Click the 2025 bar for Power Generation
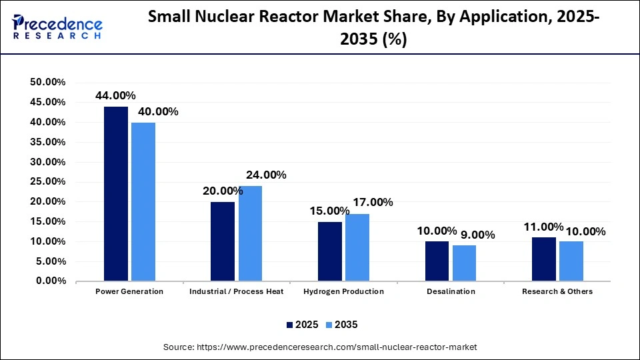pos(116,193)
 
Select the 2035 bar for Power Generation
pos(143,201)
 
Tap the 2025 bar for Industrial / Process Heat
pos(223,241)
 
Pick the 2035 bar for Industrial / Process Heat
pos(250,233)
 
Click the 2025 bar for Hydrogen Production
pos(329,251)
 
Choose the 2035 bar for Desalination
pos(464,263)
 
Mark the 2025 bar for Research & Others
pos(543,259)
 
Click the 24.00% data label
pos(266,175)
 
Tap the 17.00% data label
pos(373,203)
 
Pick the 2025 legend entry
pos(301,325)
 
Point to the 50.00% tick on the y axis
pos(48,82)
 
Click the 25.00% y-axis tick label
pos(48,182)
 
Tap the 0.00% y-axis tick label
pos(51,281)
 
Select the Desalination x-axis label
pos(451,291)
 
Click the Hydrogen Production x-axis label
pos(343,291)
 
